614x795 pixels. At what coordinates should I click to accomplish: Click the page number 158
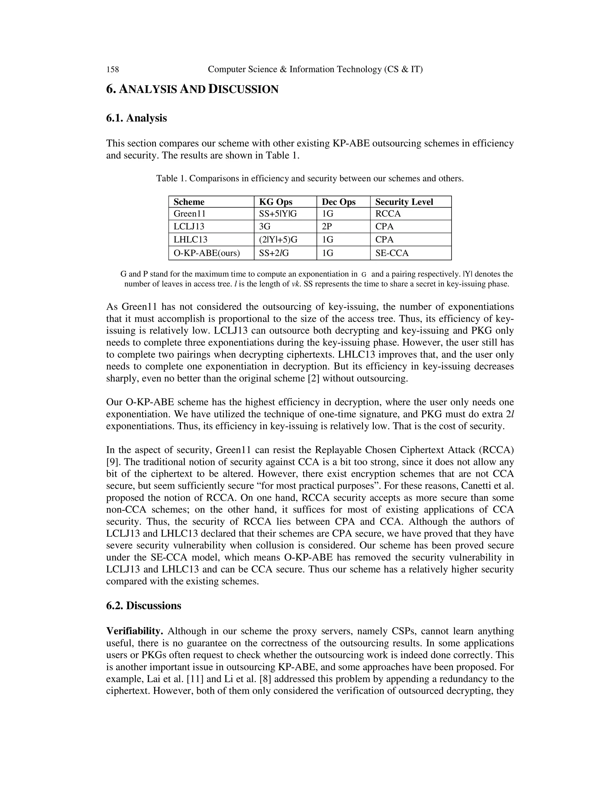click(112, 69)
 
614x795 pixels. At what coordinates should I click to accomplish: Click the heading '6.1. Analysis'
click(136, 118)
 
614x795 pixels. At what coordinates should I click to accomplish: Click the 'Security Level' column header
click(404, 202)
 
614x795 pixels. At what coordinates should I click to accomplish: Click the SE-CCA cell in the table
click(392, 253)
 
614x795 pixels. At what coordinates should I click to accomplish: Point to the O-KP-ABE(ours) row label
click(207, 253)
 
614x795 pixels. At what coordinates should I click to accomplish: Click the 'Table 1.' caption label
click(171, 178)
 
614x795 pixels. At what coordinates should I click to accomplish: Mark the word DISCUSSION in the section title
click(243, 89)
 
